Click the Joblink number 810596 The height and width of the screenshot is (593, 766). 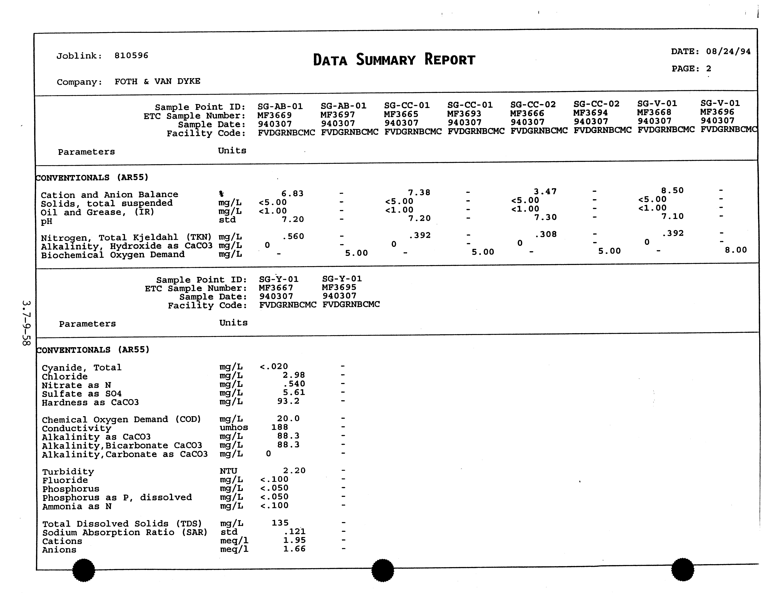click(131, 55)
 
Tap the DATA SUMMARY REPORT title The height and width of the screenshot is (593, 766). click(394, 60)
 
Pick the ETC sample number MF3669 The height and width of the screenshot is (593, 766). click(274, 115)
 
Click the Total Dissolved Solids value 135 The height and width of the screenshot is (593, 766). click(280, 523)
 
